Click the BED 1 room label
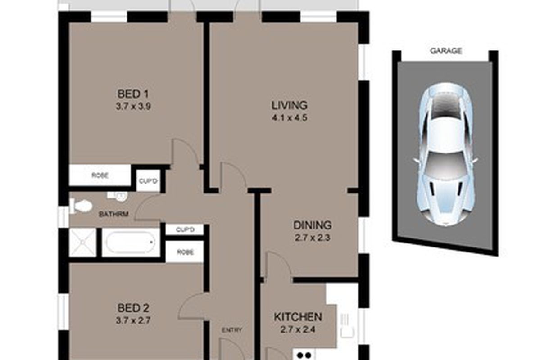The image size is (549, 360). (133, 94)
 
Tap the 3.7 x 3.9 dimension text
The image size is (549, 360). (133, 107)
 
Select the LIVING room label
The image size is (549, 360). (289, 105)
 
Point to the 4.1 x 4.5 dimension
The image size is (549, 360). (289, 118)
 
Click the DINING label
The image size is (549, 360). (313, 225)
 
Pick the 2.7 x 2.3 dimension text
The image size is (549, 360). (313, 238)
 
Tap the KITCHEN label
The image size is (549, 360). (298, 317)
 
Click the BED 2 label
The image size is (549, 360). (133, 308)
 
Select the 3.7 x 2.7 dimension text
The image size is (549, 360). (133, 320)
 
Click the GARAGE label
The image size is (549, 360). (446, 51)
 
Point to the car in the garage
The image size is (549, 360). (445, 154)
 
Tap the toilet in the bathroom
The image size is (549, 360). (81, 206)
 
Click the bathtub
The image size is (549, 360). (131, 242)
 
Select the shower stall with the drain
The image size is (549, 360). (82, 243)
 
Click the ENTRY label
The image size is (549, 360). (232, 330)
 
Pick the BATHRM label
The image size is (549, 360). (113, 215)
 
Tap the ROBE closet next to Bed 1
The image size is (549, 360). (100, 175)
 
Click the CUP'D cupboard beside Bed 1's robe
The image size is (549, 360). (148, 181)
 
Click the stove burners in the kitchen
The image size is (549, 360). (305, 355)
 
